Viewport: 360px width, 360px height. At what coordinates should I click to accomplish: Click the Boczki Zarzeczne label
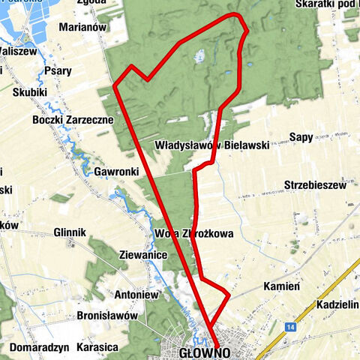(x=73, y=119)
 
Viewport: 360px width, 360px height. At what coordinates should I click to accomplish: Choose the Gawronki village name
(x=117, y=172)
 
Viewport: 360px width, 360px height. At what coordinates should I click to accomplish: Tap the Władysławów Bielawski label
(x=212, y=144)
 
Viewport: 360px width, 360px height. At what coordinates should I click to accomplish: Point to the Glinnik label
(x=71, y=232)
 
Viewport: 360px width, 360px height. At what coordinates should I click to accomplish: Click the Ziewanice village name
(x=142, y=255)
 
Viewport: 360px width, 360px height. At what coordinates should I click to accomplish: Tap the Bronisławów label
(x=109, y=316)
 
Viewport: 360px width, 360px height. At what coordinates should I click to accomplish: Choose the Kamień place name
(x=283, y=286)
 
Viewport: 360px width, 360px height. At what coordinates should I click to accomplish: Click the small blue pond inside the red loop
(x=199, y=55)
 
